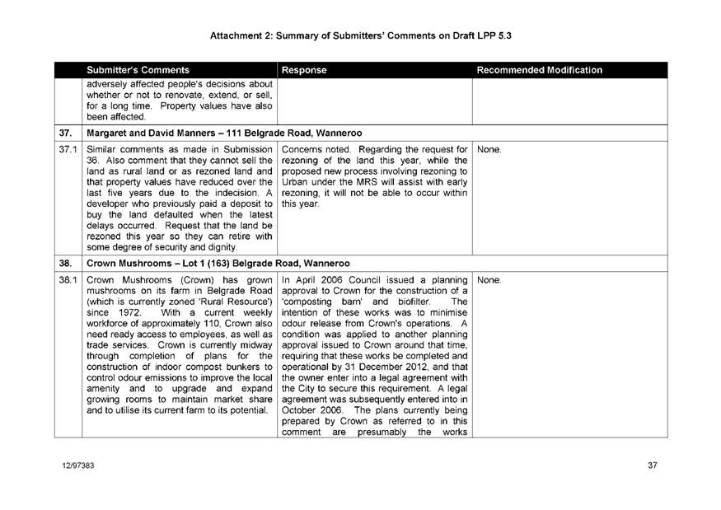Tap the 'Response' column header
point(304,71)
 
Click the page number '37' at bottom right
point(652,466)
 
